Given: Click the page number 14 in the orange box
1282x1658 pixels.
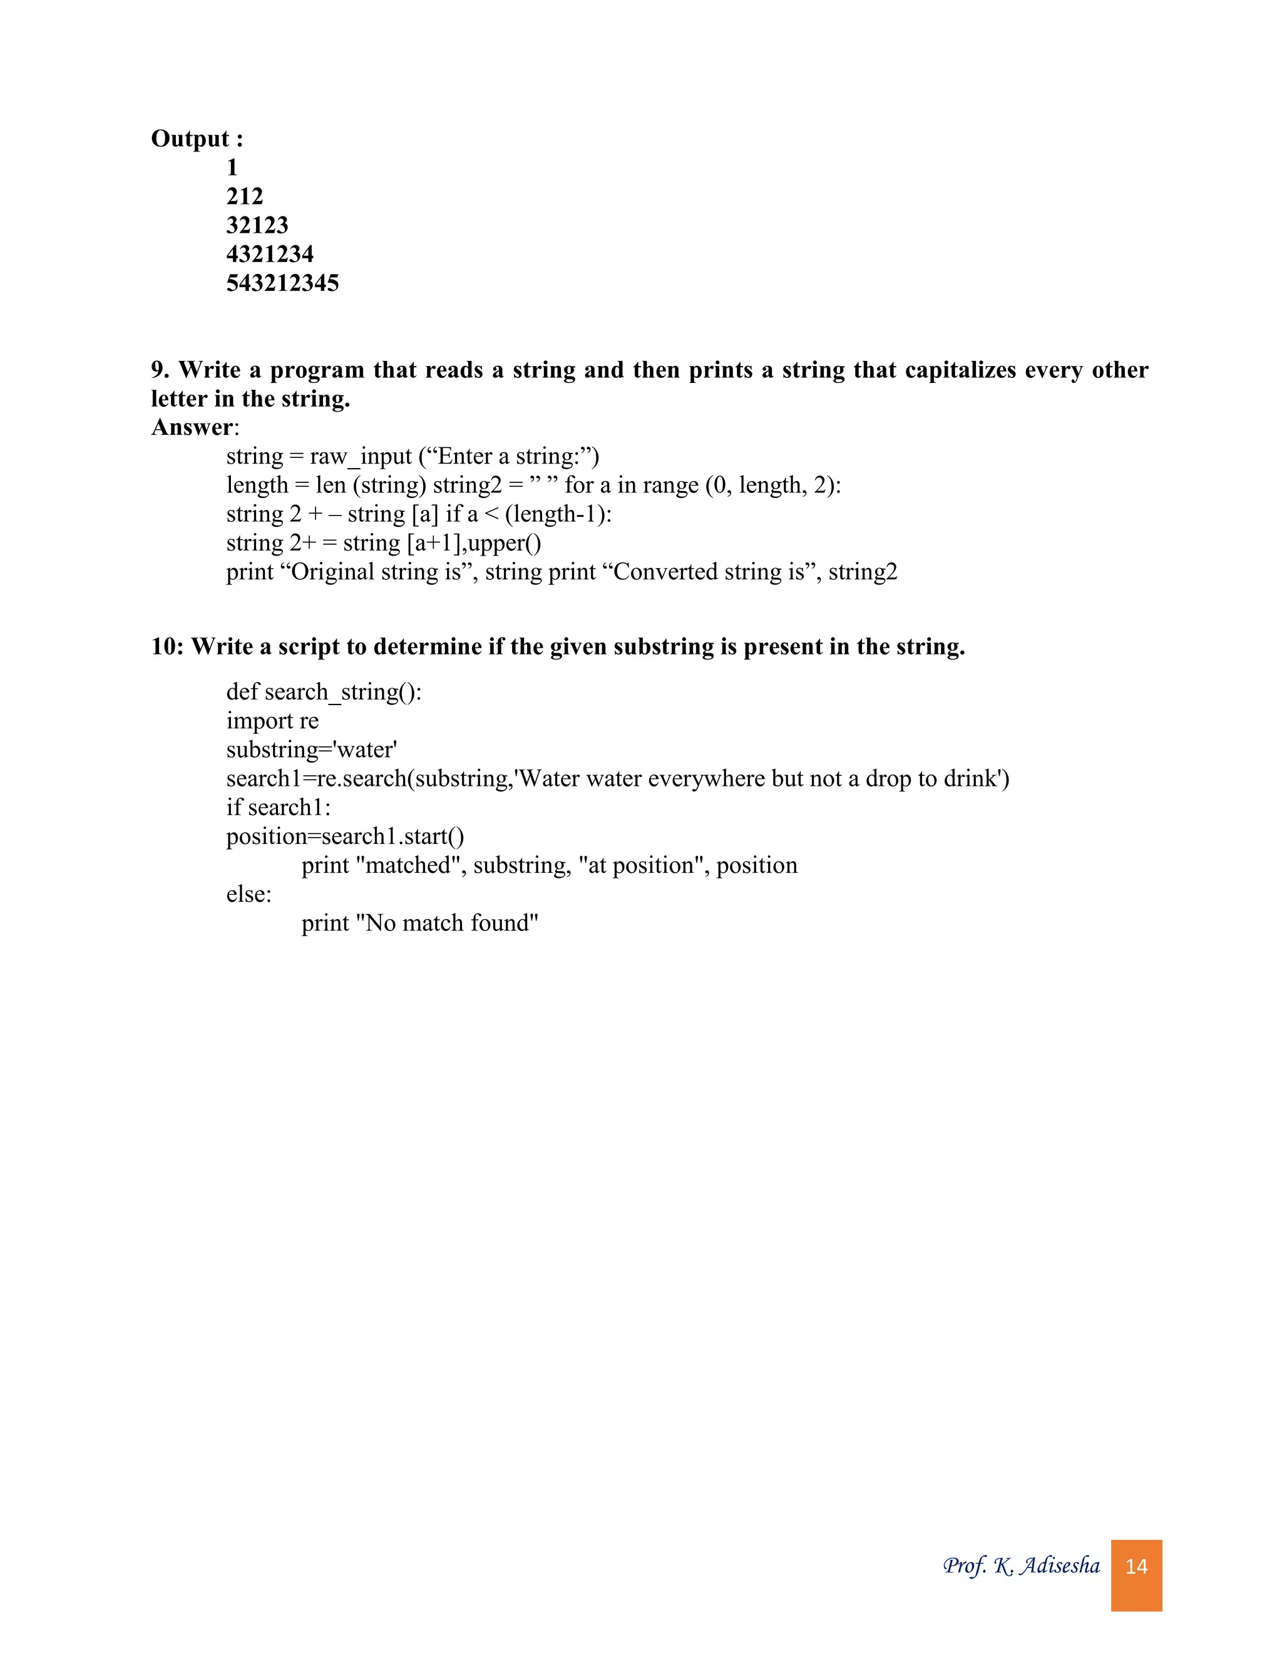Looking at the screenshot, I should pos(1136,1566).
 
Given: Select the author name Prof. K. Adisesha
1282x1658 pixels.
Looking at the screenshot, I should pos(1021,1565).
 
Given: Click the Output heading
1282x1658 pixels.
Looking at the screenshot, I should pos(197,139).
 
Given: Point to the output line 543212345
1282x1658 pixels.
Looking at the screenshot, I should pos(282,283).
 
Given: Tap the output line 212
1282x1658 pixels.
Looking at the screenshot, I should pos(245,196).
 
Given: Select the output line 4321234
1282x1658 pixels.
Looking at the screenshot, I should pos(270,254).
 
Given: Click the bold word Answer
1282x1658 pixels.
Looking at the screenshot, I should pos(192,427).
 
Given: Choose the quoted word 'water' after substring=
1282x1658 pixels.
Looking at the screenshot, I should pos(366,750).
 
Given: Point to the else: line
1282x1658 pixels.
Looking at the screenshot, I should pos(249,894).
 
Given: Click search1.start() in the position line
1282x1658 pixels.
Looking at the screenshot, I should pos(392,837).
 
